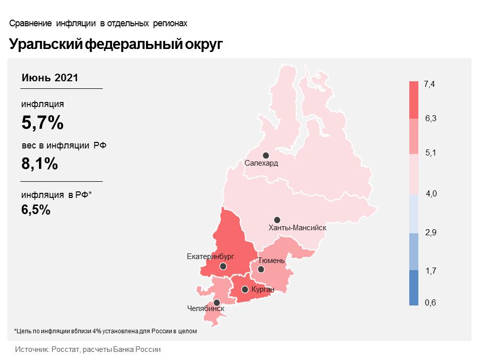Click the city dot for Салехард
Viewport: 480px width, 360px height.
point(266,156)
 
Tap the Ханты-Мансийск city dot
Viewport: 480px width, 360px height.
point(277,220)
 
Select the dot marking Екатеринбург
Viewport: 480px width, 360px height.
point(223,266)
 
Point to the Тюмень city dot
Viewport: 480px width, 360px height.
point(261,269)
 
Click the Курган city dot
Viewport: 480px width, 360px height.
point(245,289)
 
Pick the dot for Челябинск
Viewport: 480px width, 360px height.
point(217,302)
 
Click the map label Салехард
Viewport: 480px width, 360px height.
point(261,164)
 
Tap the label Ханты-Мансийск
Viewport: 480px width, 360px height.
point(298,228)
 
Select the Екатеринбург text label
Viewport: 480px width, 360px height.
point(211,257)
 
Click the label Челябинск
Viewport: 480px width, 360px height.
point(206,308)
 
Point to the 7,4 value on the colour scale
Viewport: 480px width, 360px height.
point(429,84)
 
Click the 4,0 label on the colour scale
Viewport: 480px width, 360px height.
point(431,194)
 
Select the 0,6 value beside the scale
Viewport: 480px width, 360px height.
point(430,302)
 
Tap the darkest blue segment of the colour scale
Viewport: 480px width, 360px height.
point(414,287)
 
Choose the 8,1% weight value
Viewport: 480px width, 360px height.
point(39,164)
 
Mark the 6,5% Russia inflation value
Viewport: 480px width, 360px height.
point(36,210)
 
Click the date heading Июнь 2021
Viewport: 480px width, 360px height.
point(50,78)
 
